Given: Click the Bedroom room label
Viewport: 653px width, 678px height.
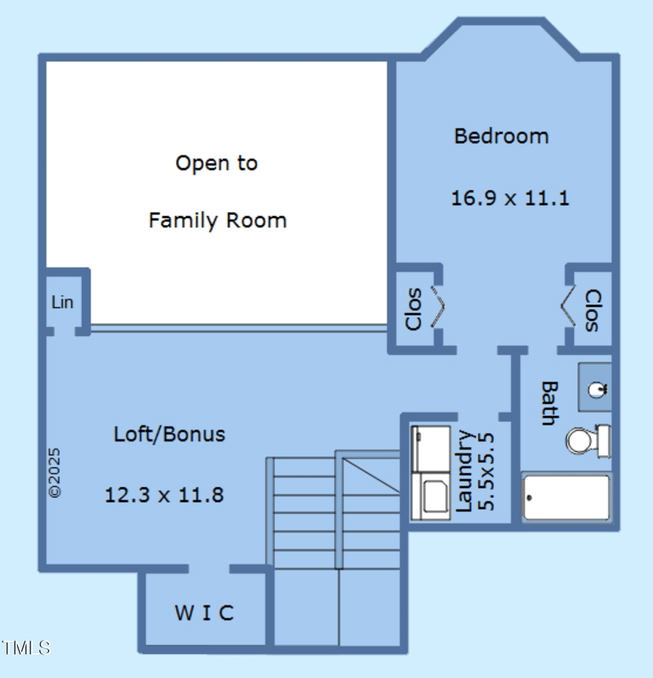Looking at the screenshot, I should tap(501, 136).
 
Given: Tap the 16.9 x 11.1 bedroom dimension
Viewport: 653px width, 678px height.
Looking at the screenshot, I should tap(509, 198).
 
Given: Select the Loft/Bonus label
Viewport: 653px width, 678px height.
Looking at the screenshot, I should tap(169, 434).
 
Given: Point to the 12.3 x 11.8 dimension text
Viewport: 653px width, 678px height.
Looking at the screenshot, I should tap(164, 494).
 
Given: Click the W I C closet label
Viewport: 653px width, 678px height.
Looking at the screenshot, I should tap(204, 613).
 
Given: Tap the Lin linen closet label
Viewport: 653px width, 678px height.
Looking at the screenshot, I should tap(63, 302).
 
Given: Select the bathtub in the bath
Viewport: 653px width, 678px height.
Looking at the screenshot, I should tap(566, 497).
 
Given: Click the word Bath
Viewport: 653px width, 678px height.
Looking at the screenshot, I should tap(549, 403).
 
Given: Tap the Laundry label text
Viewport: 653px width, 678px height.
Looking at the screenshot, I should tap(464, 471).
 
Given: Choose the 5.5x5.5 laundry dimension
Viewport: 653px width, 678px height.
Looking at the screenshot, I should tap(486, 471).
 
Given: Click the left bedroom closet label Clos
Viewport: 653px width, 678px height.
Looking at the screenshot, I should tap(414, 308).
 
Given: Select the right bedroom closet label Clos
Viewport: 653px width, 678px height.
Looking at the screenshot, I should tap(593, 310).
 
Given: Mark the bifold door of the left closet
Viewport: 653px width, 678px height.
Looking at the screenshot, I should tap(439, 307).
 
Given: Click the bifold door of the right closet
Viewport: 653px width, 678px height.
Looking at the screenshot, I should tap(568, 308).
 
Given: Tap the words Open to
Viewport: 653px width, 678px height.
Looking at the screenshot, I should tap(216, 163).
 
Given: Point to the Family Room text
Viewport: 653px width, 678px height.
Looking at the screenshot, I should tap(217, 220).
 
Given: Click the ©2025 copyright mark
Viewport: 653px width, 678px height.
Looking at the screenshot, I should tap(55, 472).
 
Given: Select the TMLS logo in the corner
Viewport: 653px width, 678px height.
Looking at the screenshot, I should tap(25, 648).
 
